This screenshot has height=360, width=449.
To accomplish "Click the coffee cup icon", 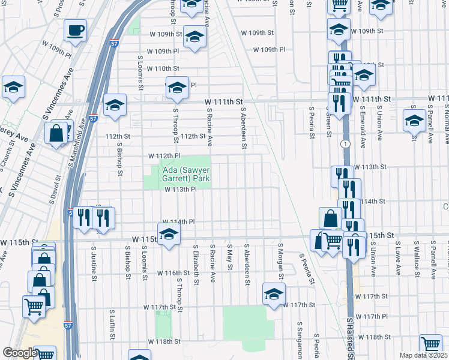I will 76,31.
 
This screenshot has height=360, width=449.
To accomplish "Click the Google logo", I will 20,353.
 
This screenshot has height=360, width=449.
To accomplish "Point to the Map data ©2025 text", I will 423,355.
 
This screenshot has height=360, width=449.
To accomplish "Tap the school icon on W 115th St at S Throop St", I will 169,235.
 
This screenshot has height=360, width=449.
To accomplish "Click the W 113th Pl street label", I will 181,190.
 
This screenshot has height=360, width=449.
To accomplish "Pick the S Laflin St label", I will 111,325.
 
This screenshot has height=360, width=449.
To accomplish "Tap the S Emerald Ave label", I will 363,127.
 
